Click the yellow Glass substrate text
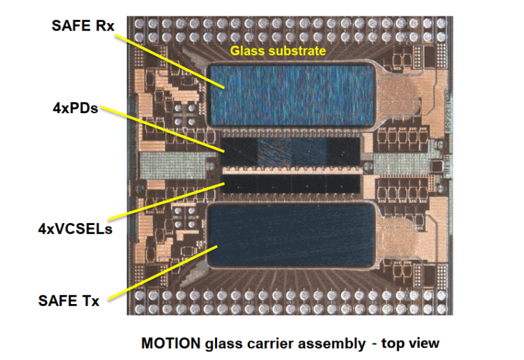278,50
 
